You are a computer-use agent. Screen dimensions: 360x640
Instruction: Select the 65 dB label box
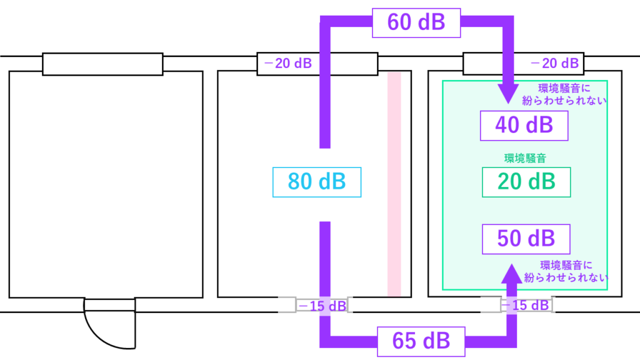(x=421, y=341)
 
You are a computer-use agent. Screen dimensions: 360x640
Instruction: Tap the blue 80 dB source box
(x=317, y=182)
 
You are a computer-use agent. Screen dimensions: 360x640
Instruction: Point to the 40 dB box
(x=524, y=126)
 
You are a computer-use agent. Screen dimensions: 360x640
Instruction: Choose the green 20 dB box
(x=526, y=182)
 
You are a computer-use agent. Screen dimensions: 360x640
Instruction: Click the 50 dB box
(x=526, y=239)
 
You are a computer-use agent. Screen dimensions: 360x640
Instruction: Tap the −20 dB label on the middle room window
(x=288, y=63)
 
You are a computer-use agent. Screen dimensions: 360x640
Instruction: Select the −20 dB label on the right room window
(x=552, y=63)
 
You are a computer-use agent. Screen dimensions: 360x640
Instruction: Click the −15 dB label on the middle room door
(x=321, y=306)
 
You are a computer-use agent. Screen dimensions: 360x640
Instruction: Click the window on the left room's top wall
(x=102, y=64)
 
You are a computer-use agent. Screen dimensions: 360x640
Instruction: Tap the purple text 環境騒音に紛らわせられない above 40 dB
(x=564, y=93)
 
